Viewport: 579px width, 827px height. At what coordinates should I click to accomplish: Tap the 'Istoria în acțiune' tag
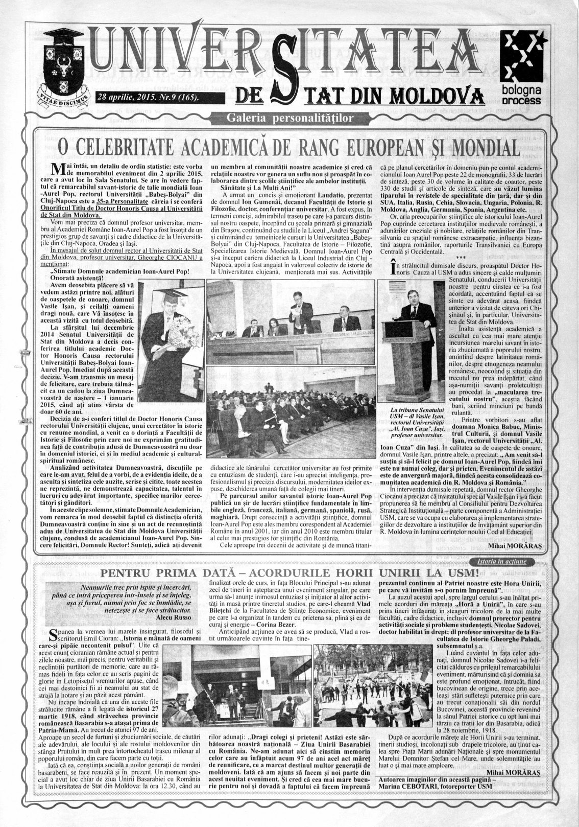pyautogui.click(x=509, y=561)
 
